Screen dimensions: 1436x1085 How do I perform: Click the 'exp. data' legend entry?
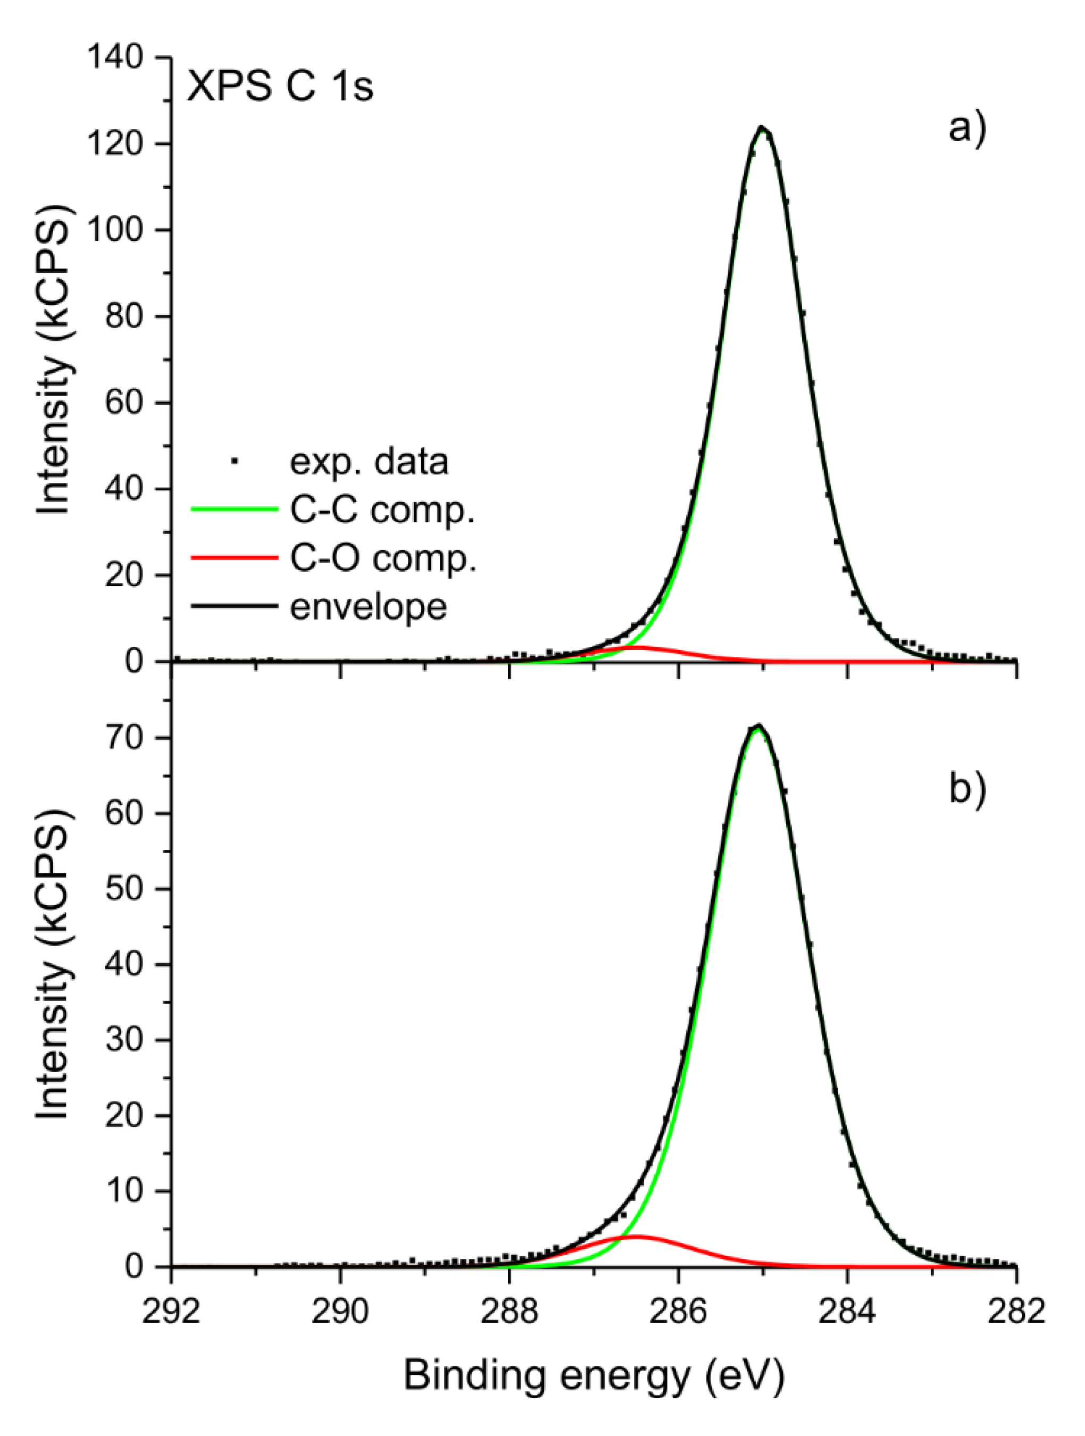[x=368, y=462]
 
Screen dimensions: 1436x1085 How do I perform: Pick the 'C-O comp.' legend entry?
[x=383, y=558]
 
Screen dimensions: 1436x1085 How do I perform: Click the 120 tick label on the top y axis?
[x=115, y=144]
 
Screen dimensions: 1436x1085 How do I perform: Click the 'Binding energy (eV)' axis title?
[x=594, y=1375]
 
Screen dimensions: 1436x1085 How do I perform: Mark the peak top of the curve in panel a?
[x=762, y=128]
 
